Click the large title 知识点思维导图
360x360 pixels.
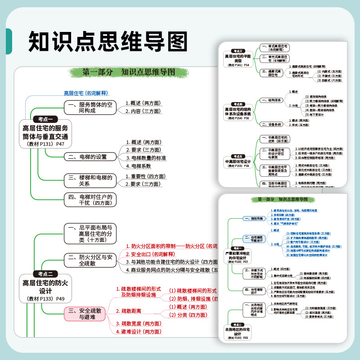tap(108, 41)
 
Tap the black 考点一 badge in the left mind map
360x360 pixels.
tap(45, 119)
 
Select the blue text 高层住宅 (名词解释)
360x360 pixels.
tap(85, 93)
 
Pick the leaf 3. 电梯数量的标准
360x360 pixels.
tap(146, 158)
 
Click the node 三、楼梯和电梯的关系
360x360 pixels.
tap(89, 180)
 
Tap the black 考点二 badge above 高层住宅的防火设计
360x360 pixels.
tap(45, 273)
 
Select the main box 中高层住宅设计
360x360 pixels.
tap(238, 161)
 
